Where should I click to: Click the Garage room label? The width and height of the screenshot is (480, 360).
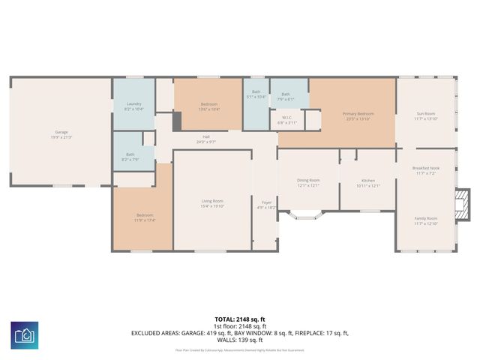pyautogui.click(x=61, y=132)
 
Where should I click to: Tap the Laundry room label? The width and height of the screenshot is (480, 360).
pyautogui.click(x=133, y=103)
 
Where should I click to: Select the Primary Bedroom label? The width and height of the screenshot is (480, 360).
pyautogui.click(x=358, y=114)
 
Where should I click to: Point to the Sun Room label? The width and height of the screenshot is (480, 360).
pyautogui.click(x=425, y=114)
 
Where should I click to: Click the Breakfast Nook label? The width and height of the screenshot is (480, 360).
pyautogui.click(x=425, y=169)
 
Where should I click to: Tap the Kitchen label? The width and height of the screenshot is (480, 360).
pyautogui.click(x=367, y=181)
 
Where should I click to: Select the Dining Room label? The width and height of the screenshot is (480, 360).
pyautogui.click(x=308, y=180)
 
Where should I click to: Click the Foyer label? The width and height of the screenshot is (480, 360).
pyautogui.click(x=266, y=202)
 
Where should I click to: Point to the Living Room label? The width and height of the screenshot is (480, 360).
pyautogui.click(x=212, y=201)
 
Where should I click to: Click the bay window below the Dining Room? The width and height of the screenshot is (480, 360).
pyautogui.click(x=308, y=217)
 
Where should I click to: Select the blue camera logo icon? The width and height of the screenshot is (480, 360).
pyautogui.click(x=25, y=334)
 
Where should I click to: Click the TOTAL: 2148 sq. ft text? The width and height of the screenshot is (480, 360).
pyautogui.click(x=239, y=319)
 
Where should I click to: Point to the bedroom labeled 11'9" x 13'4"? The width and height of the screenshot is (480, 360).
pyautogui.click(x=145, y=218)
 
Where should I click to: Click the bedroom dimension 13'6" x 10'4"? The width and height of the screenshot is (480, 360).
pyautogui.click(x=208, y=109)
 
